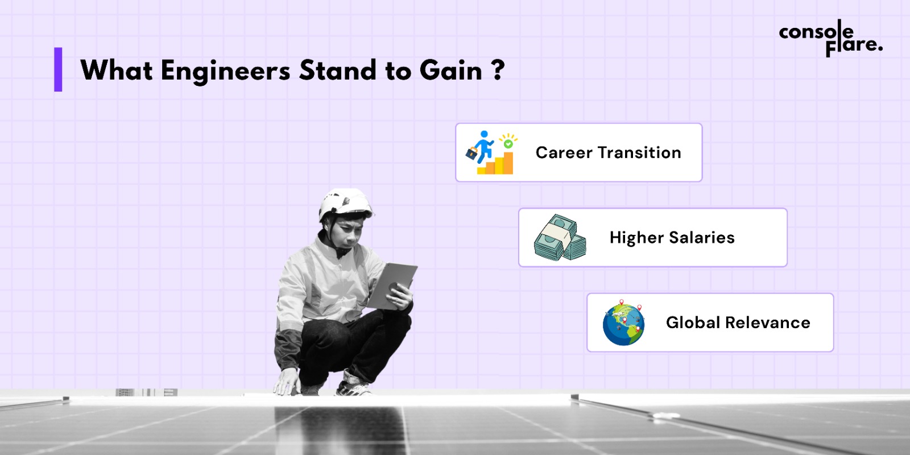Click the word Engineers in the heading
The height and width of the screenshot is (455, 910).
click(225, 71)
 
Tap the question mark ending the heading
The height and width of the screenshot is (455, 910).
click(498, 70)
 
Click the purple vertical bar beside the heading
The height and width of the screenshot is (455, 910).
click(58, 69)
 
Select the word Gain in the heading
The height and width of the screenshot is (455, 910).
click(450, 70)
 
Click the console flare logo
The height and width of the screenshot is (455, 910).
click(830, 39)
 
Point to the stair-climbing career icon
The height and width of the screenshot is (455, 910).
click(491, 152)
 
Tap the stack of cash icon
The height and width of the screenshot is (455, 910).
click(560, 238)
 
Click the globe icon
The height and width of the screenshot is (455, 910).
click(623, 323)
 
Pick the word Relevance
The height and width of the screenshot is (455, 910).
click(768, 322)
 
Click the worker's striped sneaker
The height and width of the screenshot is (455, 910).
click(353, 384)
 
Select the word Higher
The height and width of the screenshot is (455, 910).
click(636, 238)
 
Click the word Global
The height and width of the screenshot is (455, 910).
click(693, 322)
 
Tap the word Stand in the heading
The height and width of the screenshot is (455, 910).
click(338, 70)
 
